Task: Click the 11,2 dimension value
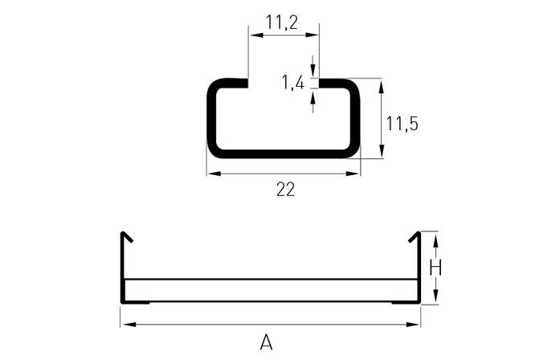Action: coord(282,22)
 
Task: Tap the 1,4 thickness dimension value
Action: coord(293,83)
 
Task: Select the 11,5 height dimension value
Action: coord(402,124)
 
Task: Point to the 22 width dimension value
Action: coord(285,190)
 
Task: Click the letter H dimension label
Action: coord(435,268)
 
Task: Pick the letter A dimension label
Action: coord(266,342)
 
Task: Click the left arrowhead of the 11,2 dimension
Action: coord(256,35)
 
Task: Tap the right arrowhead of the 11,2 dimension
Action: coord(312,35)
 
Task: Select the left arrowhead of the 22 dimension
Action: coord(215,174)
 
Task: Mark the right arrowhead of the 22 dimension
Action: coord(353,174)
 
